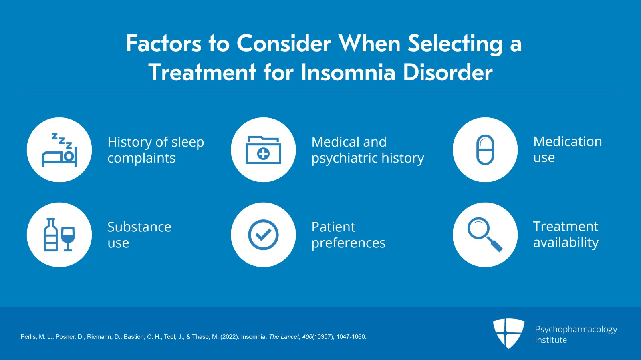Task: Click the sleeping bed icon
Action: point(60,150)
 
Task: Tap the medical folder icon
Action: point(263,150)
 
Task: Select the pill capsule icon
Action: point(485,149)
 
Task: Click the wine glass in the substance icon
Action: point(68,239)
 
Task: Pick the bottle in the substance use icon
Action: point(50,235)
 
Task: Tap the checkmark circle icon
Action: point(263,235)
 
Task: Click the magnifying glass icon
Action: point(485,235)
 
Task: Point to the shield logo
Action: point(508,333)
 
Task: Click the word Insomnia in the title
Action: point(348,72)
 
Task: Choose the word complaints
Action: point(141,159)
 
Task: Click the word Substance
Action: point(139,227)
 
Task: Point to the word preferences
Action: point(349,243)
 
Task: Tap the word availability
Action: point(566,243)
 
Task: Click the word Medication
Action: point(568,141)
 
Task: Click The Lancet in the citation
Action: point(284,337)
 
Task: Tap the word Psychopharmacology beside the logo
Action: point(576,330)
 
